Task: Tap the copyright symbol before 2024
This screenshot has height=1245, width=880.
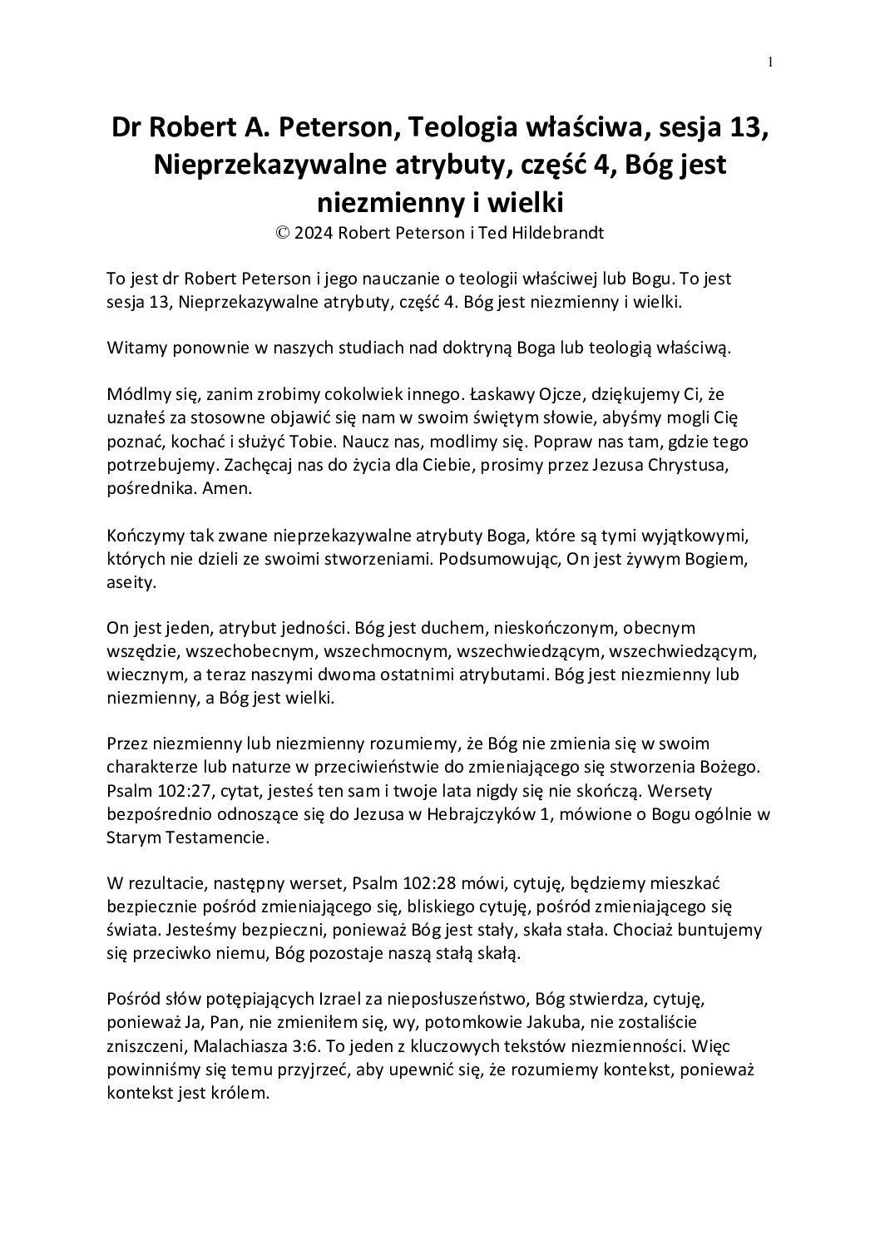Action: [283, 234]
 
